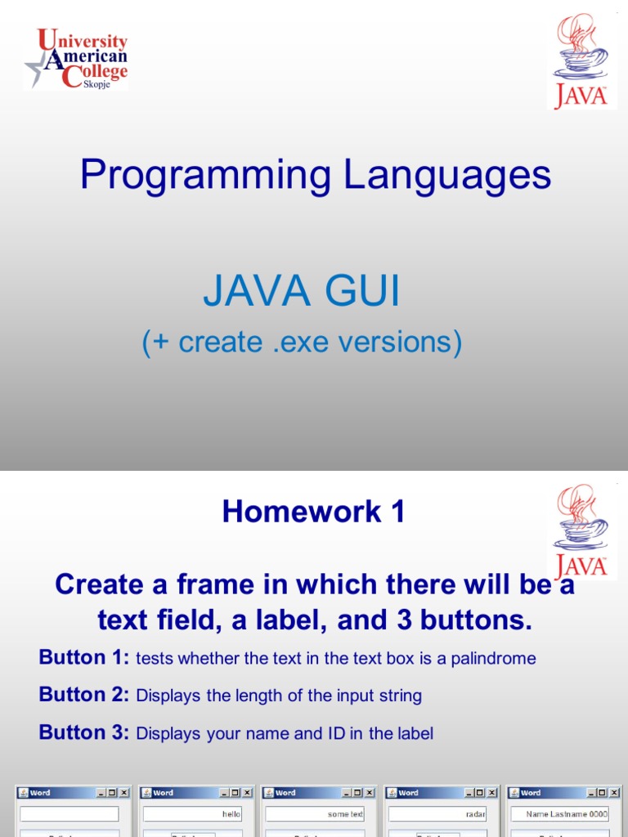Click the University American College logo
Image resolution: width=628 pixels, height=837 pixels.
click(76, 58)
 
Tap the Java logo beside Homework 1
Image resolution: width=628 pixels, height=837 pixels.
click(581, 531)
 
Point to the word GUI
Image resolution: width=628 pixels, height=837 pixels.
click(361, 293)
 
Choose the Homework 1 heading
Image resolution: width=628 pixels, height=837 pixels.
click(313, 512)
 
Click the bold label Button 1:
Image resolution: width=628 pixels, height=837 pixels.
click(84, 657)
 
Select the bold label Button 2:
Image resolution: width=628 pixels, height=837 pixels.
click(84, 695)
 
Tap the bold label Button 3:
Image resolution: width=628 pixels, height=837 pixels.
click(84, 732)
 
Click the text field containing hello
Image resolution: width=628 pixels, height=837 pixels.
click(192, 814)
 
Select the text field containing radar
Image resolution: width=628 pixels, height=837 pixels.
click(437, 814)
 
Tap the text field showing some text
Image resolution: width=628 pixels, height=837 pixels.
click(315, 814)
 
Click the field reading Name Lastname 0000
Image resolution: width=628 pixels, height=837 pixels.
click(560, 814)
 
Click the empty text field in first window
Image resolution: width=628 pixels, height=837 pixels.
click(70, 814)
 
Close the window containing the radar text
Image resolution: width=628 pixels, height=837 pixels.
click(492, 793)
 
